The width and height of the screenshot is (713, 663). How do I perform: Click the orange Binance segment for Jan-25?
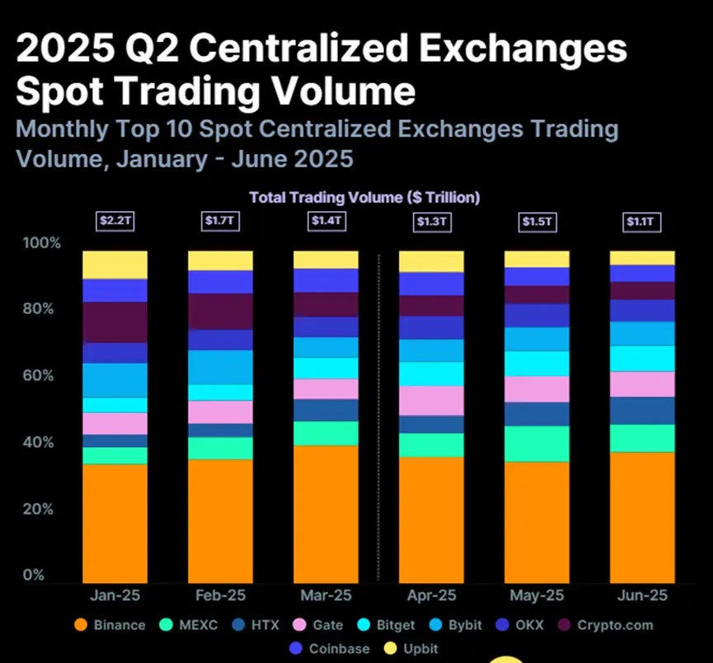(x=115, y=524)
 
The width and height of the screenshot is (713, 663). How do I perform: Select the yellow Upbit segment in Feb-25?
(x=220, y=261)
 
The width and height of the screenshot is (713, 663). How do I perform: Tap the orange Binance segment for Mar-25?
(x=326, y=515)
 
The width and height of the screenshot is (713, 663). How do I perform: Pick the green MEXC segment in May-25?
(x=537, y=444)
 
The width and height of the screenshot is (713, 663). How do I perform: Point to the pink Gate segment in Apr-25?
(x=431, y=400)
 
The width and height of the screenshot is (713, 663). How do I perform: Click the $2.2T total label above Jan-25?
(x=115, y=221)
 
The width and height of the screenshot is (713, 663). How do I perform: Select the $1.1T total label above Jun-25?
(x=642, y=221)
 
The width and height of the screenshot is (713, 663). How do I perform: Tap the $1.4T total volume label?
(x=326, y=221)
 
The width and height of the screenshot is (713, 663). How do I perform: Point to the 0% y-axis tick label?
(x=33, y=575)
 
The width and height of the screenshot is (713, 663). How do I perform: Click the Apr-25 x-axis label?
(x=431, y=595)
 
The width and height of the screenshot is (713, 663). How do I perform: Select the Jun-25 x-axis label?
(x=642, y=595)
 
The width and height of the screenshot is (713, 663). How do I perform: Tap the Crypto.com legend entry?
(x=605, y=624)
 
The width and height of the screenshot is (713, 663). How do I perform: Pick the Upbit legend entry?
(x=411, y=648)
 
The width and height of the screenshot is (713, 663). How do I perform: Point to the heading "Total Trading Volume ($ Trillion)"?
(x=364, y=198)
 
